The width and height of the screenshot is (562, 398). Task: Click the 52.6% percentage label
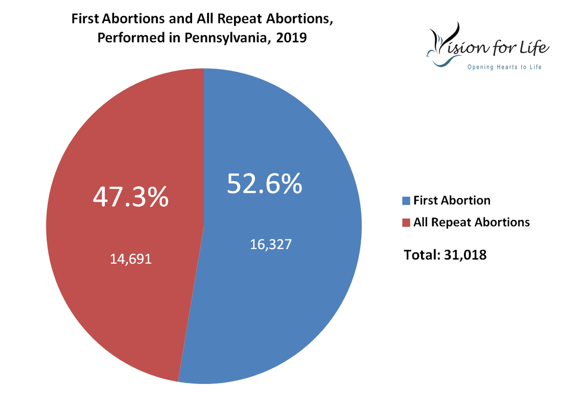(x=264, y=184)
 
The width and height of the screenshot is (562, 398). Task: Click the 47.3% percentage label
(x=130, y=196)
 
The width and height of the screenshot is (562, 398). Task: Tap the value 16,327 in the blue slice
(x=271, y=244)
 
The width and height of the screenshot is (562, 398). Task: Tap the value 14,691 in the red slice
(x=131, y=259)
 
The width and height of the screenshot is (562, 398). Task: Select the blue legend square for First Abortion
(x=407, y=201)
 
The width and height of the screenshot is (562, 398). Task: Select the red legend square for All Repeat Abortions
(x=407, y=222)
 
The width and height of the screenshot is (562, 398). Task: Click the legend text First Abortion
(x=452, y=200)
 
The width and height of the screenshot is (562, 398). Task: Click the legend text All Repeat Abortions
(x=472, y=222)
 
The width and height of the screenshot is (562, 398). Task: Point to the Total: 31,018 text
(x=445, y=254)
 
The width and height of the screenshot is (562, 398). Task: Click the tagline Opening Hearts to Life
(x=504, y=67)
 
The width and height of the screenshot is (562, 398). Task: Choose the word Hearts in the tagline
(x=505, y=67)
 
